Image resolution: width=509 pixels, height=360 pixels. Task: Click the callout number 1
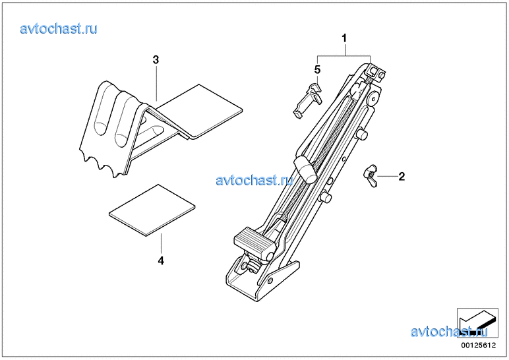(344, 38)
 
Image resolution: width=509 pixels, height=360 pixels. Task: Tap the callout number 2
(402, 177)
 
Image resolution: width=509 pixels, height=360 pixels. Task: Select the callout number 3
(156, 60)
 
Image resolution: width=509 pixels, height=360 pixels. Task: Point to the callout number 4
(161, 260)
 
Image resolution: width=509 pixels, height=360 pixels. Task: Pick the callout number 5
(317, 69)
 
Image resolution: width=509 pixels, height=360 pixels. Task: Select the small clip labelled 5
(307, 99)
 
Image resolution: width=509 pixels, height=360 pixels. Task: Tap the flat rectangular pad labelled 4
(152, 210)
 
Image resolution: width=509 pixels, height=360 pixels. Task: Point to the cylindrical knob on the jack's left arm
(305, 169)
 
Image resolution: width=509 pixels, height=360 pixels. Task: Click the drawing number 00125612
(479, 345)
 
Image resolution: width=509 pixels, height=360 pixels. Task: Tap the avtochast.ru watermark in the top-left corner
(59, 28)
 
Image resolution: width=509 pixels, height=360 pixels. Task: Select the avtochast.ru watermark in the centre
(254, 180)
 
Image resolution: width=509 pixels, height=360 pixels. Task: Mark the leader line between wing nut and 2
(388, 176)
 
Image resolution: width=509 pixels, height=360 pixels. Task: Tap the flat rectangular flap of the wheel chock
(199, 111)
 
